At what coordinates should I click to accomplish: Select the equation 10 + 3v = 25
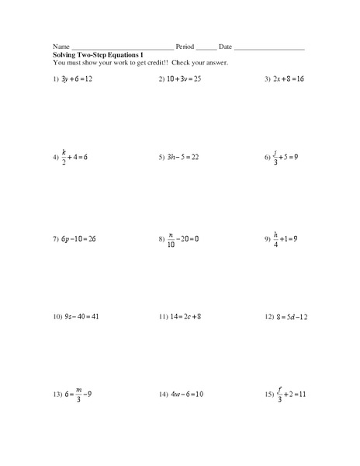pos(184,79)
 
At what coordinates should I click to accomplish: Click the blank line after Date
pos(268,49)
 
